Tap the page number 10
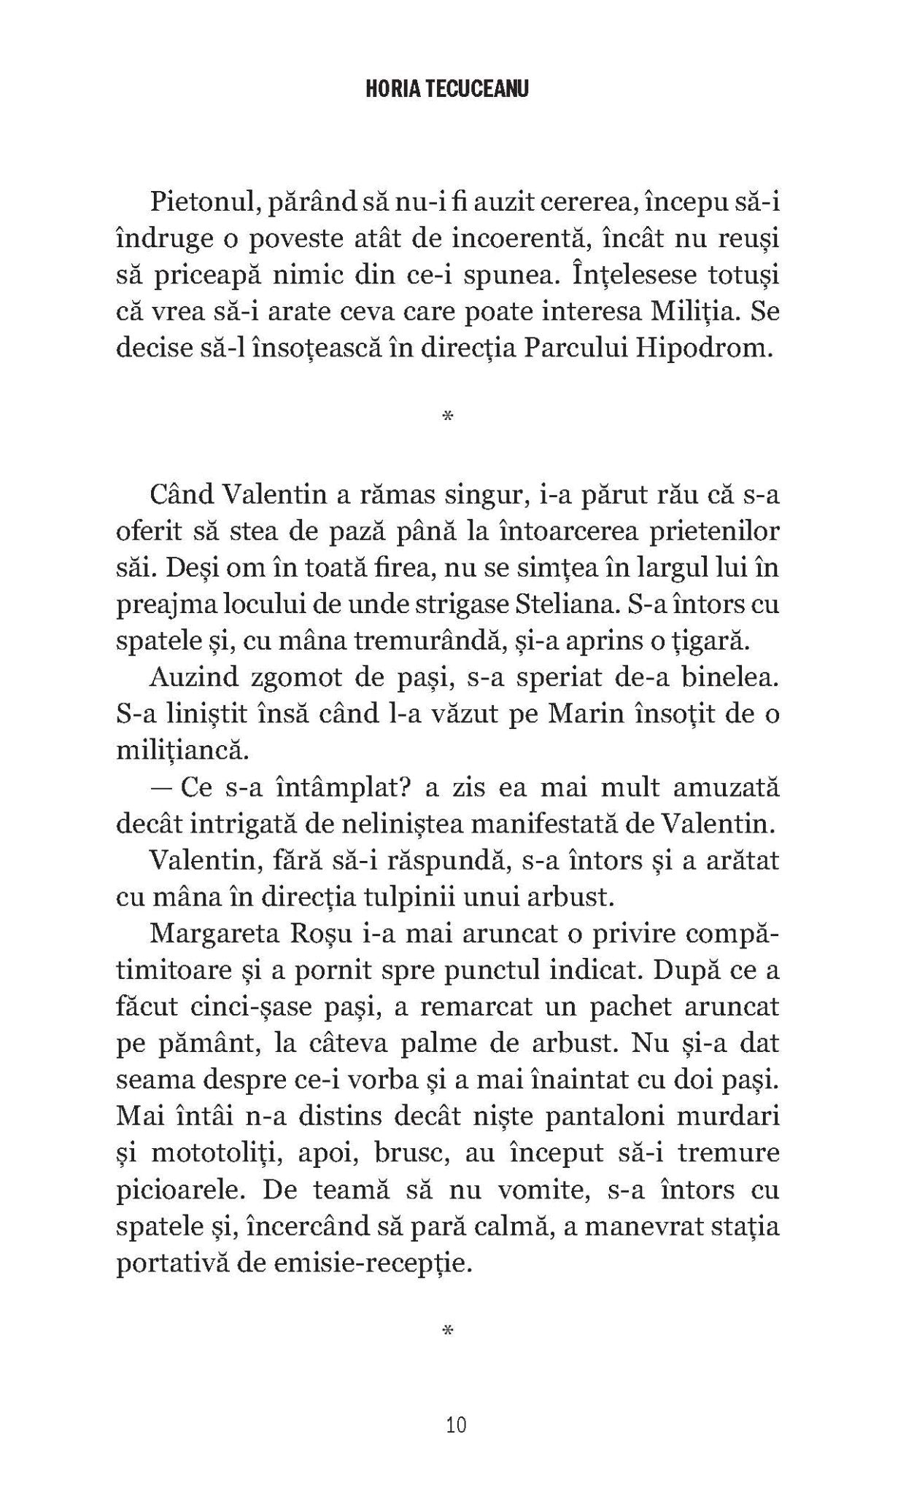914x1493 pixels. pos(457,1424)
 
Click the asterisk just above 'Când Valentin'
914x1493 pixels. pos(448,418)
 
